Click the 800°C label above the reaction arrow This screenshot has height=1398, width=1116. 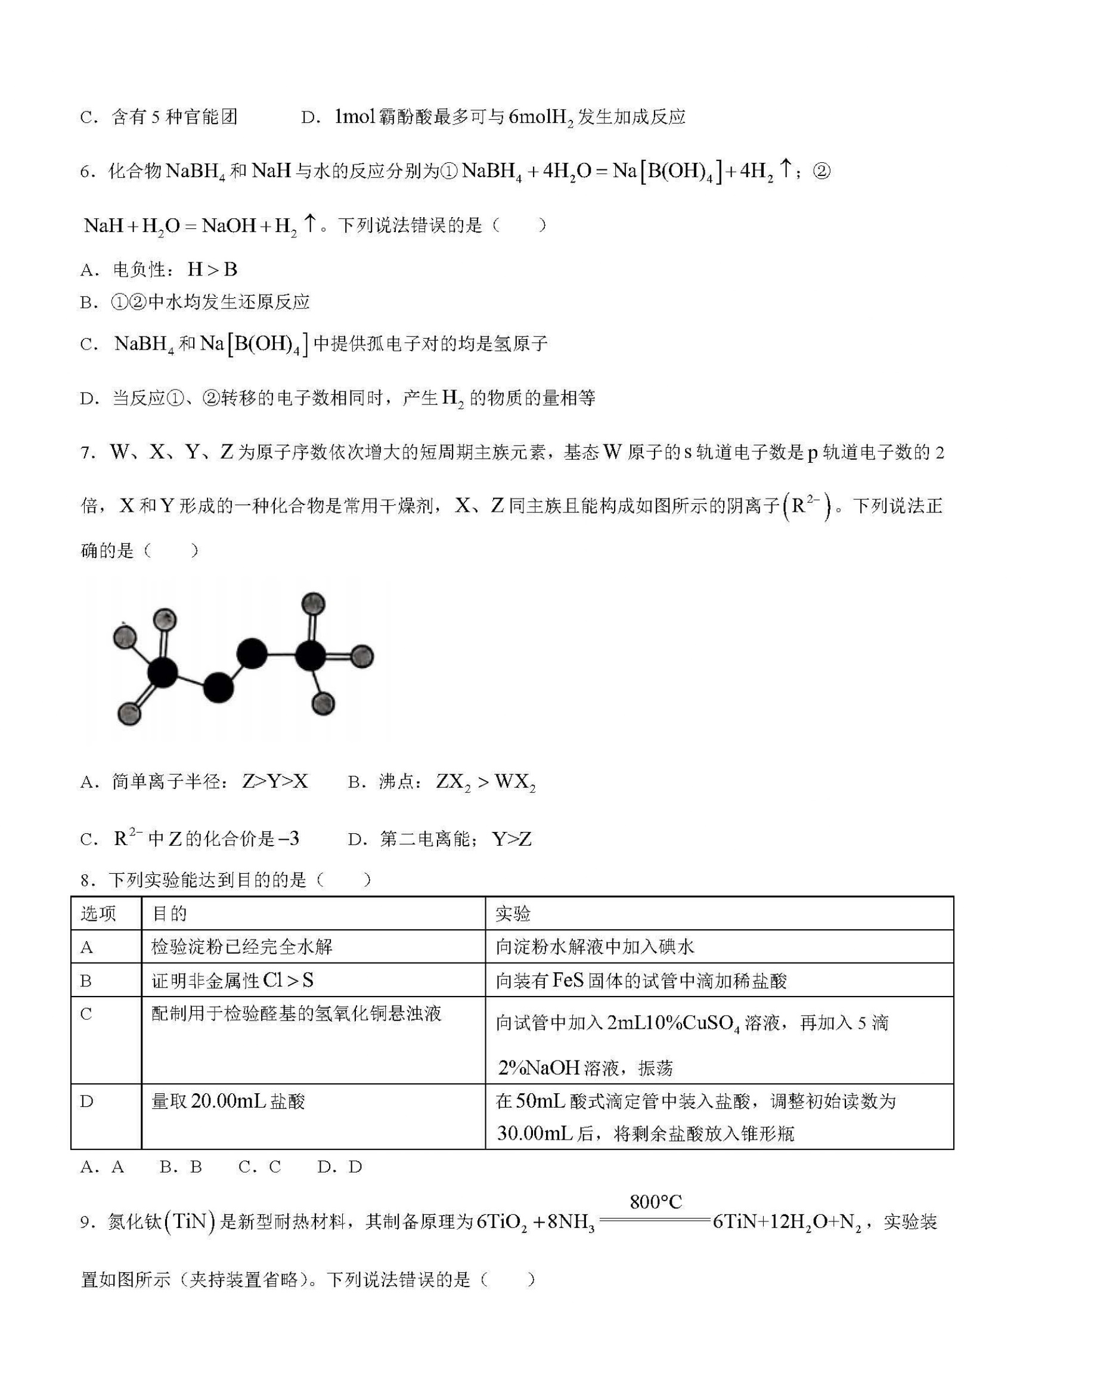click(655, 1202)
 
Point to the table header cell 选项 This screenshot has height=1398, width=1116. click(98, 914)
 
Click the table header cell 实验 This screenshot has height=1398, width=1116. click(513, 914)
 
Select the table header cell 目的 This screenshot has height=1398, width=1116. click(169, 914)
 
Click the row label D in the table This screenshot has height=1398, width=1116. click(86, 1101)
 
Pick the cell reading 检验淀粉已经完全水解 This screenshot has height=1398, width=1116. click(241, 947)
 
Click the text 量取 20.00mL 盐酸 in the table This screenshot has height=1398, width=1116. click(228, 1101)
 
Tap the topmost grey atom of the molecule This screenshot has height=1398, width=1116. click(314, 604)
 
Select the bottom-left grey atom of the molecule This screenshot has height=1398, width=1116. click(129, 714)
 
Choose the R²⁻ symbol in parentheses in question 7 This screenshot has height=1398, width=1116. click(806, 506)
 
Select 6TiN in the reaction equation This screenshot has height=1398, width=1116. click(735, 1222)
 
